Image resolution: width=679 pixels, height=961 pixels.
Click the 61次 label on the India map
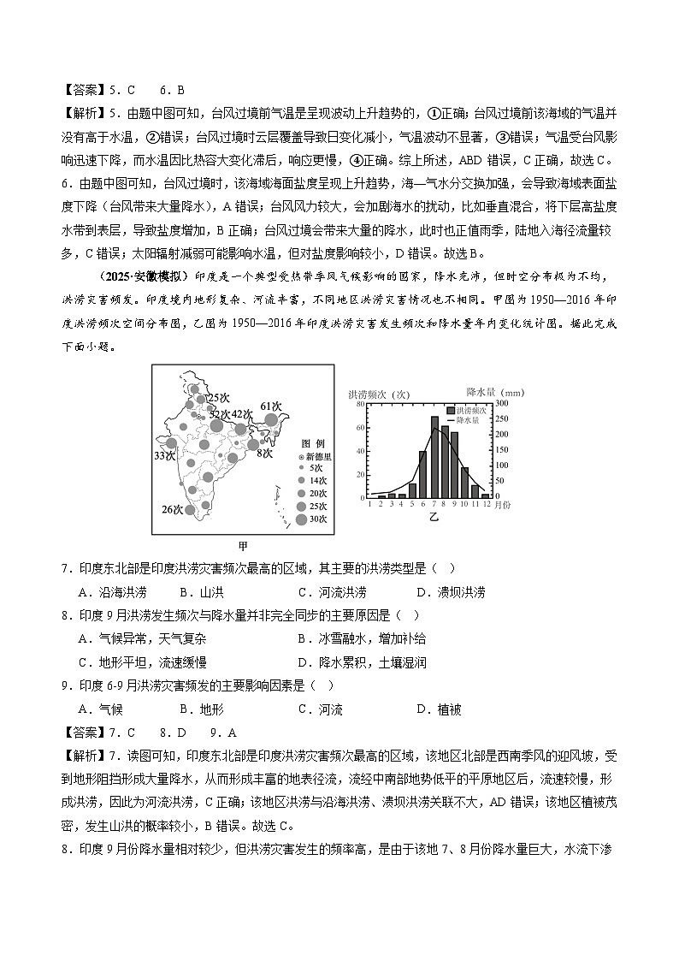tap(271, 406)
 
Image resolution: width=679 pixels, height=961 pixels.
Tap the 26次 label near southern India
tap(173, 510)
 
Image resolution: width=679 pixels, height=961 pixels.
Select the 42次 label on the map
tap(243, 414)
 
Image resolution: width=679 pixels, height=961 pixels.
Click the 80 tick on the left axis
tap(361, 405)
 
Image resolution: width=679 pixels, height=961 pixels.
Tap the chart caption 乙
tap(434, 518)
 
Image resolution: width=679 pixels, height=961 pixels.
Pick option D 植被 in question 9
tap(439, 709)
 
